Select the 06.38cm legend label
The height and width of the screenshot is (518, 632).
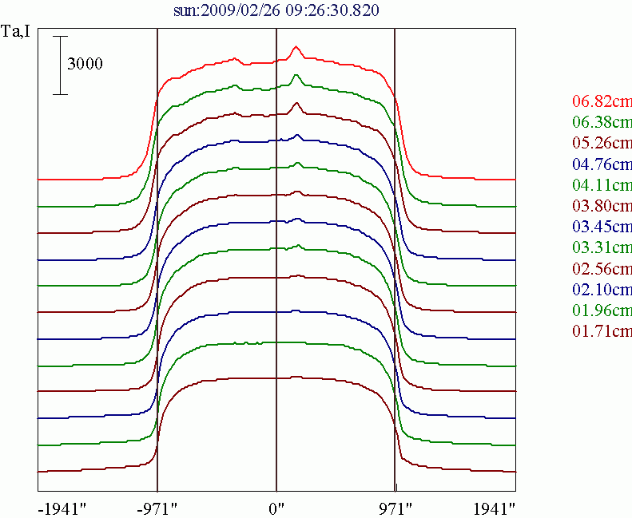pyautogui.click(x=602, y=122)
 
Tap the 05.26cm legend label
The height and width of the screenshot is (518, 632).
pyautogui.click(x=602, y=143)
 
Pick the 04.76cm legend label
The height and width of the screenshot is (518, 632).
pyautogui.click(x=602, y=164)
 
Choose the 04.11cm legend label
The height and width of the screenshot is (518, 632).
pyautogui.click(x=602, y=184)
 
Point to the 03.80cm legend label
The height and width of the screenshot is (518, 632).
pyautogui.click(x=602, y=205)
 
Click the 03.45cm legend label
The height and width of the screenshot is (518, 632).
pyautogui.click(x=602, y=226)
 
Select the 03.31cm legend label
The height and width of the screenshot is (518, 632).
pyautogui.click(x=602, y=247)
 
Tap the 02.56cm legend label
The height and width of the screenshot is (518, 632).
pyautogui.click(x=602, y=267)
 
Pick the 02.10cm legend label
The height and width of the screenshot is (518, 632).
pyautogui.click(x=602, y=288)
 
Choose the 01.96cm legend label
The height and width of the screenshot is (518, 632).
pyautogui.click(x=602, y=309)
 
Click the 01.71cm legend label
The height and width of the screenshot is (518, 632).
pyautogui.click(x=602, y=330)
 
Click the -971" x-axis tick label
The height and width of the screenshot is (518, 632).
pyautogui.click(x=157, y=507)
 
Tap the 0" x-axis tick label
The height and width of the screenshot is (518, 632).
pyautogui.click(x=276, y=507)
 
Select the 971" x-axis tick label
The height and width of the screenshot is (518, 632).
pyautogui.click(x=395, y=507)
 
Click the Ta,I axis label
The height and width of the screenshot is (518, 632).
pyautogui.click(x=17, y=34)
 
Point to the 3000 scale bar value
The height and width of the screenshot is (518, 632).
pyautogui.click(x=85, y=65)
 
